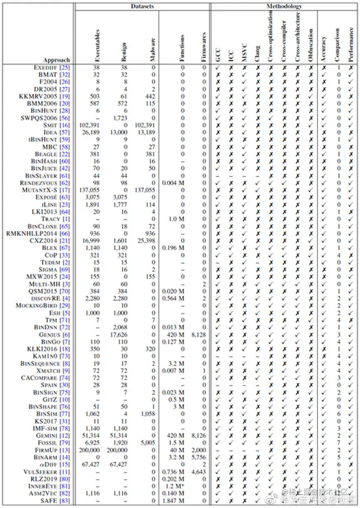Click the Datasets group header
pyautogui.click(x=142, y=6)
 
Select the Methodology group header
pyautogui.click(x=284, y=6)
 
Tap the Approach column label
pyautogui.click(x=56, y=60)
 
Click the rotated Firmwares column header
pyautogui.click(x=204, y=47)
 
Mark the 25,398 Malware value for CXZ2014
pyautogui.click(x=146, y=240)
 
